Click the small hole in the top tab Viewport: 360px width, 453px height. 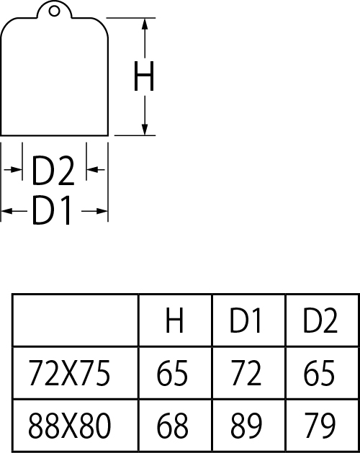(x=54, y=12)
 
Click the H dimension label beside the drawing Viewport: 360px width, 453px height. (x=144, y=76)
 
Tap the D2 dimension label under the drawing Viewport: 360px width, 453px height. (x=53, y=171)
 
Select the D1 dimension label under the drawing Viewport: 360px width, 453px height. (x=51, y=210)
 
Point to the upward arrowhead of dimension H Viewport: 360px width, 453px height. (x=145, y=24)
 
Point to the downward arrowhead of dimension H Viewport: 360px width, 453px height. (x=145, y=130)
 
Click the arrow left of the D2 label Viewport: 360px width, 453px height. (x=13, y=169)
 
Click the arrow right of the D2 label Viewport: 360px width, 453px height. (x=96, y=169)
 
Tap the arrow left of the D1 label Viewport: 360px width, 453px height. (x=14, y=211)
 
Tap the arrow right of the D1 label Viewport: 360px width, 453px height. (x=94, y=211)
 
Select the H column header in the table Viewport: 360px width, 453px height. (x=174, y=320)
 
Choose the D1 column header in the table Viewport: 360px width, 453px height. (x=246, y=320)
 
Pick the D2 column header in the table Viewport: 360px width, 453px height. (x=320, y=320)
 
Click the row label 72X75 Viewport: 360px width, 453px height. (x=69, y=372)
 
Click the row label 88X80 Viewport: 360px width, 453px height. (x=69, y=425)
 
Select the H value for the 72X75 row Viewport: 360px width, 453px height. (x=172, y=372)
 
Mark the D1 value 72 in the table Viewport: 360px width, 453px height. (x=246, y=372)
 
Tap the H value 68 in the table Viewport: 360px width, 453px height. (x=172, y=425)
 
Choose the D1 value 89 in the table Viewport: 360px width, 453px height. (x=246, y=425)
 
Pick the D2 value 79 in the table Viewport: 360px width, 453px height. (x=320, y=425)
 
